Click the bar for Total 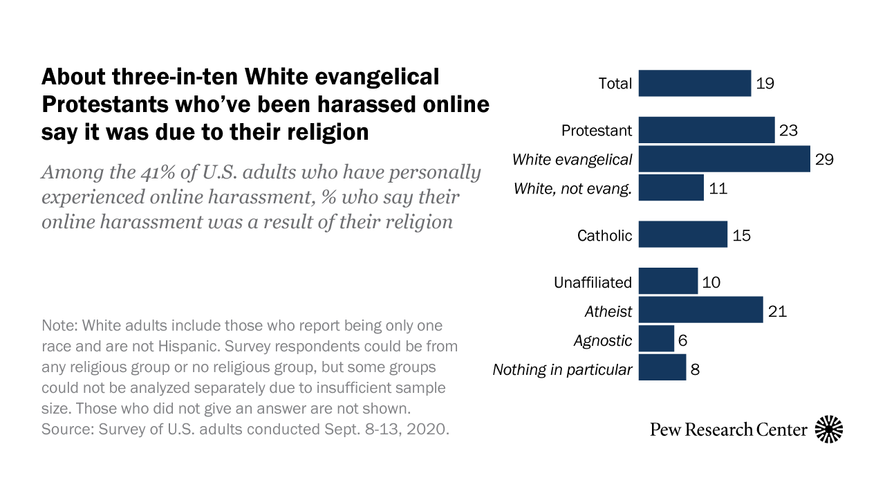click(x=694, y=83)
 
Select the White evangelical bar click(x=724, y=159)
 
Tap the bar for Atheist click(x=700, y=311)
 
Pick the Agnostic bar click(x=656, y=340)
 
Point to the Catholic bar click(x=682, y=234)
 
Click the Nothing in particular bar click(x=662, y=369)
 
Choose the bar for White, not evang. click(x=671, y=188)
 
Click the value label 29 click(x=824, y=159)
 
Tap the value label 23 click(x=789, y=130)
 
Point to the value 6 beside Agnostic click(x=682, y=340)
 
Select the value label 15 click(x=741, y=235)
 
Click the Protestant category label click(x=597, y=130)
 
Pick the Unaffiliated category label click(x=593, y=282)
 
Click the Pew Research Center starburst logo click(x=829, y=430)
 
